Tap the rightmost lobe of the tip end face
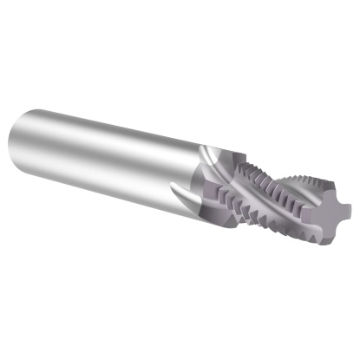click(345, 208)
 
